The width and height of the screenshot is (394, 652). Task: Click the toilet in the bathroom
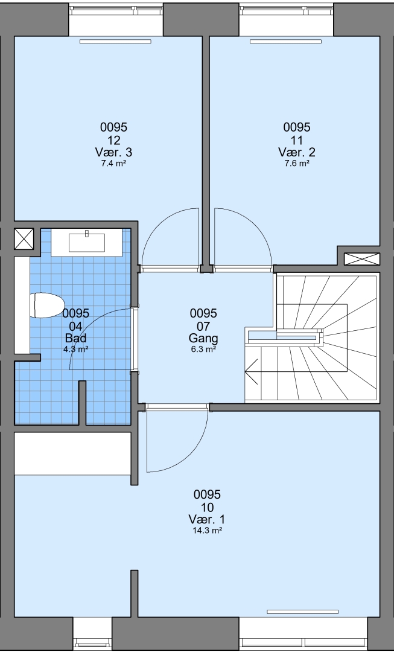point(46,305)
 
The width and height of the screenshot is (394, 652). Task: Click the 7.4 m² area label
point(113,164)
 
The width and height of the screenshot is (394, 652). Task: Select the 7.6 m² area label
point(297,164)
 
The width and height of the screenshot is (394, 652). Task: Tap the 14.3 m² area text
point(207,531)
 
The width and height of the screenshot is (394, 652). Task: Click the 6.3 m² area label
point(203,350)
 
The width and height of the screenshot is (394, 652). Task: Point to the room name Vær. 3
point(113,152)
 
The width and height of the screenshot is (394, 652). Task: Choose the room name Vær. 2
point(297,152)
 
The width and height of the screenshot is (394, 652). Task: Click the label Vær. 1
point(207,519)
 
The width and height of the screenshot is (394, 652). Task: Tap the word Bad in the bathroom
point(75,337)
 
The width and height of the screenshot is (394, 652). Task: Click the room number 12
point(113,139)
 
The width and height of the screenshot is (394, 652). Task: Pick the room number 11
point(297,139)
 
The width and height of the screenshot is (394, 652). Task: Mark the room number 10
point(207,507)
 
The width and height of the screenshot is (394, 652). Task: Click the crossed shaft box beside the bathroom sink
point(24,239)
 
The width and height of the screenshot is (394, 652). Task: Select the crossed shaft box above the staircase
point(362,258)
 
